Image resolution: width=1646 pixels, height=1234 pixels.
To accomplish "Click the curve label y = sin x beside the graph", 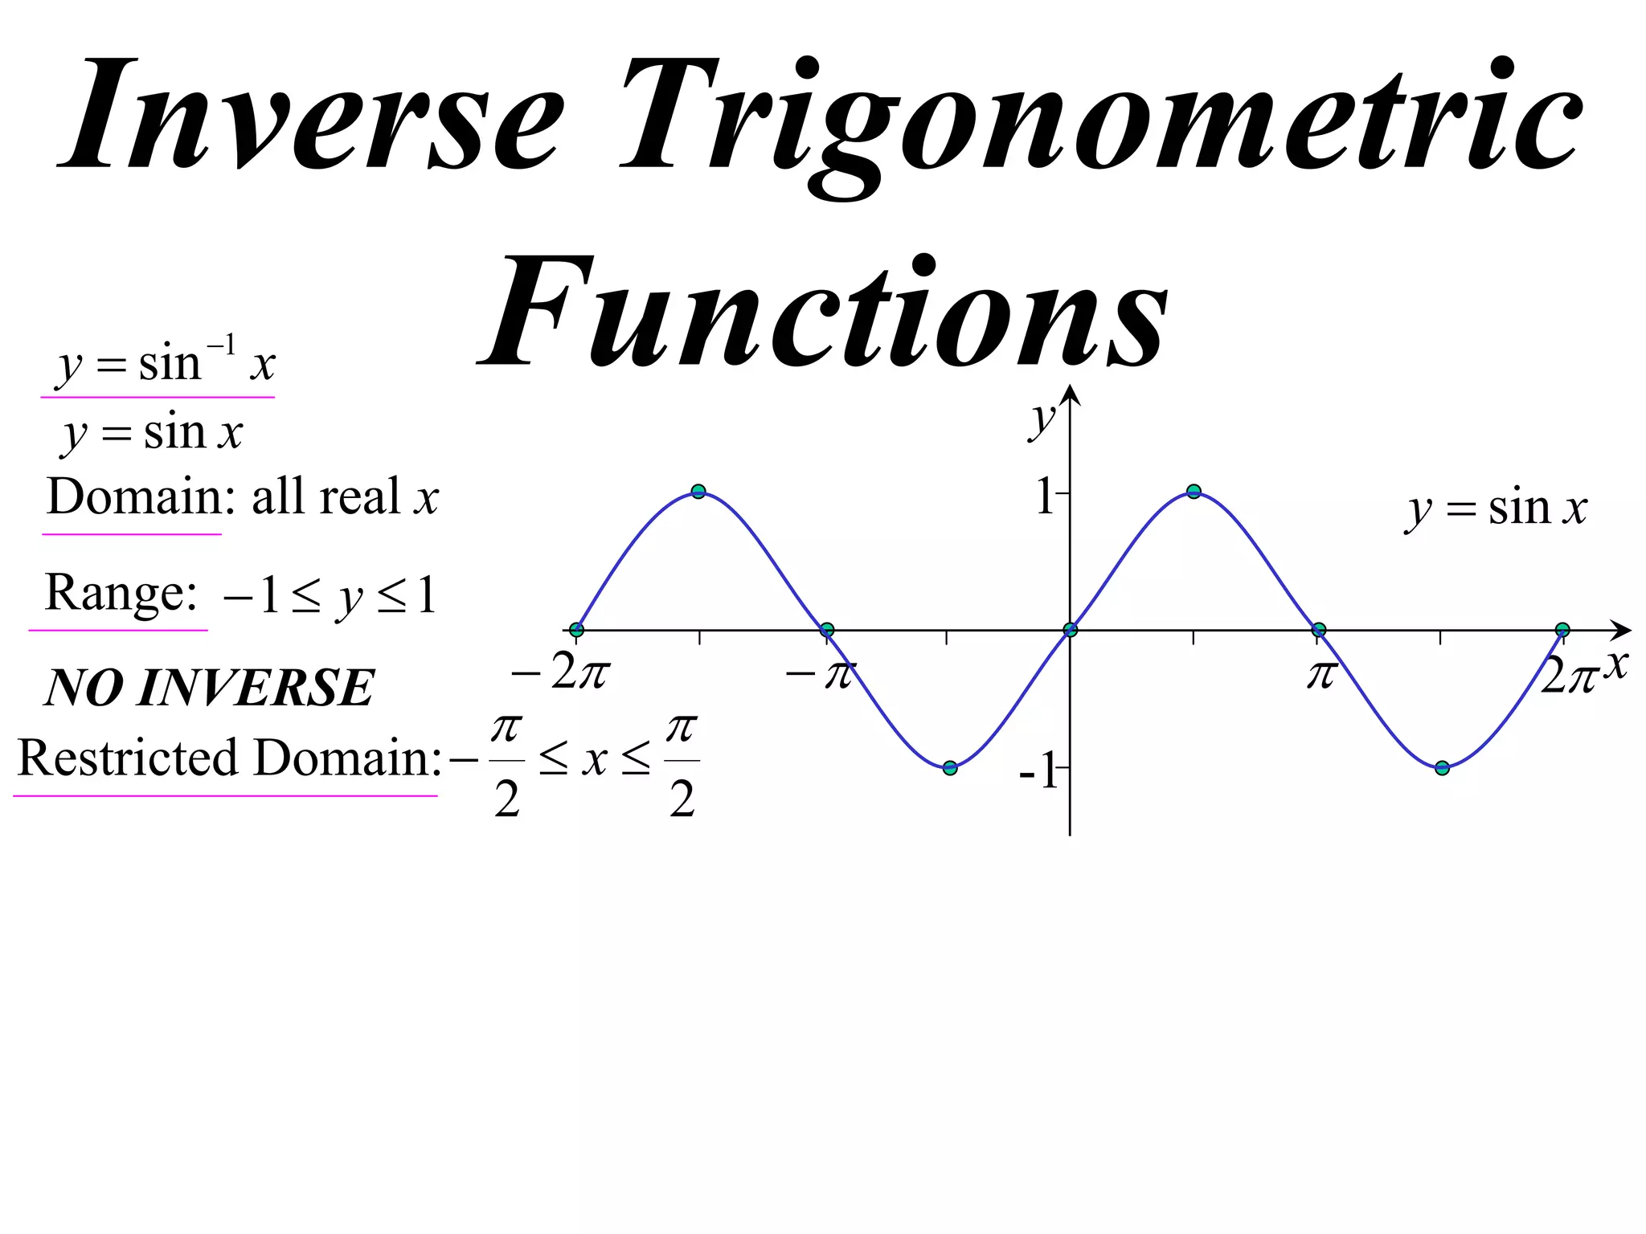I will (1497, 509).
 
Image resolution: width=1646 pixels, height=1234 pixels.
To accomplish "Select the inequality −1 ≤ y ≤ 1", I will (330, 596).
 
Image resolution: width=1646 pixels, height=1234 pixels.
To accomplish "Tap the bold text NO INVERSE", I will (210, 689).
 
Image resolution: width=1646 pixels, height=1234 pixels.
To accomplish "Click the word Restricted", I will (128, 758).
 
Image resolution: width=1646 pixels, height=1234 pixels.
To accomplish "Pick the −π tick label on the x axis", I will (821, 673).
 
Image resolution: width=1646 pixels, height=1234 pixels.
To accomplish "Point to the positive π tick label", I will (1320, 673).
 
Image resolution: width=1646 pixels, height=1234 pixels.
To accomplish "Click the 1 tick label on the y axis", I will (1045, 496).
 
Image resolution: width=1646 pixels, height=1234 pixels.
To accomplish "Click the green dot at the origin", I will (1070, 630).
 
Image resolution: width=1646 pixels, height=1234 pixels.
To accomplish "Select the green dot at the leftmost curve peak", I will (698, 492).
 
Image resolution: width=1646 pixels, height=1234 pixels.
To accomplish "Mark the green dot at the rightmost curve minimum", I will (1442, 768).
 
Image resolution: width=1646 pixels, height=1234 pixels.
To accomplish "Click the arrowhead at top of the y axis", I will (1070, 394).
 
